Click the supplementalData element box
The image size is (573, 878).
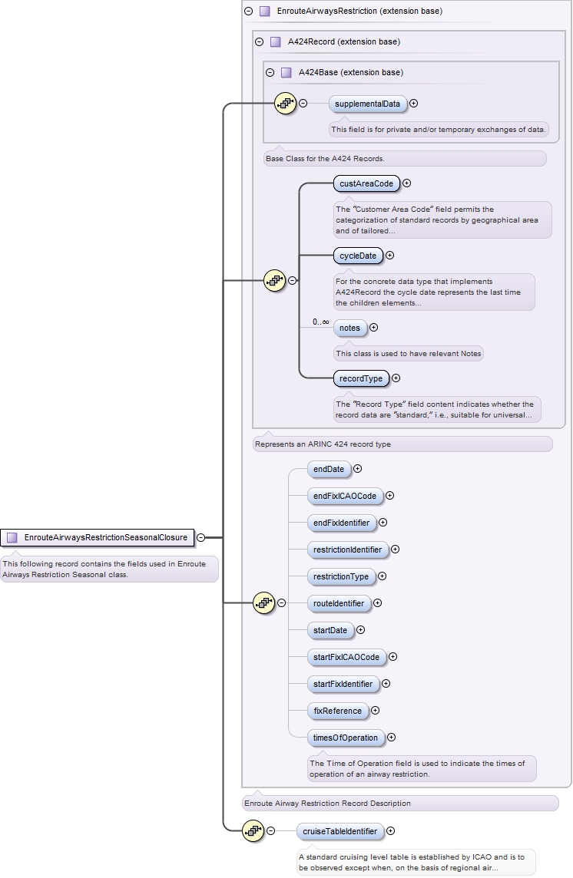pos(367,104)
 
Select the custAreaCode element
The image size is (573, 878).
pos(366,183)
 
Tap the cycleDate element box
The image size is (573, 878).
pos(358,256)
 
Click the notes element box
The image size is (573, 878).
pos(349,328)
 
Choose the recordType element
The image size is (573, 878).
pos(361,378)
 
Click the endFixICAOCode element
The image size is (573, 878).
pos(345,496)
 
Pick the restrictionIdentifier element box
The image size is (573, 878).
pos(347,550)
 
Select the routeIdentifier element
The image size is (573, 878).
pos(339,603)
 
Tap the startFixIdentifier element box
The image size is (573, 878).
pos(343,684)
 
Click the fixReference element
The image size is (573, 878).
pos(337,711)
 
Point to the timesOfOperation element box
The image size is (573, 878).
pos(345,738)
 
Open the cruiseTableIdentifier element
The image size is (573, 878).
pos(339,830)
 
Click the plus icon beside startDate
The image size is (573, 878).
pos(361,630)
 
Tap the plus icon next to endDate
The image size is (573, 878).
pos(357,469)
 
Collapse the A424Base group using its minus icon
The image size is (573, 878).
pos(270,72)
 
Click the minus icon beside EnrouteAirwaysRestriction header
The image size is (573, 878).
pos(248,12)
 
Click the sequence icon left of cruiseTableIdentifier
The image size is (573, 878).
pos(253,830)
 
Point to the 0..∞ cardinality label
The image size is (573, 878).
pos(320,322)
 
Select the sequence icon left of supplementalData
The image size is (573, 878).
pos(285,103)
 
